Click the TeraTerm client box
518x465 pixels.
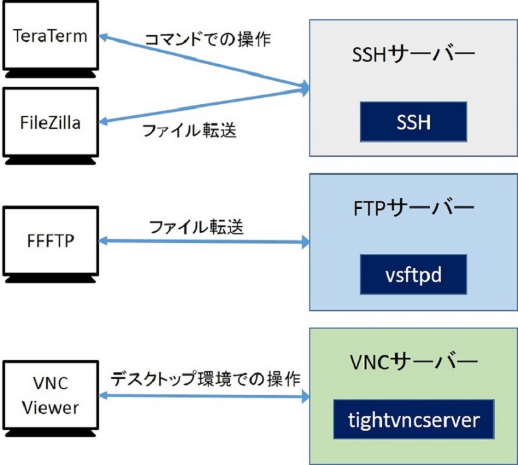pyautogui.click(x=50, y=36)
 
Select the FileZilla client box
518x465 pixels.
pyautogui.click(x=50, y=122)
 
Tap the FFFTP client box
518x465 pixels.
pyautogui.click(x=50, y=242)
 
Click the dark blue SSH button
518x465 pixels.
pyautogui.click(x=413, y=121)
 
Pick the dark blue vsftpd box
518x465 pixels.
pyautogui.click(x=413, y=273)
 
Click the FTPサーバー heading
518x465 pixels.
pyautogui.click(x=413, y=208)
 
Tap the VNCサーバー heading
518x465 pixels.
pyautogui.click(x=413, y=360)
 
